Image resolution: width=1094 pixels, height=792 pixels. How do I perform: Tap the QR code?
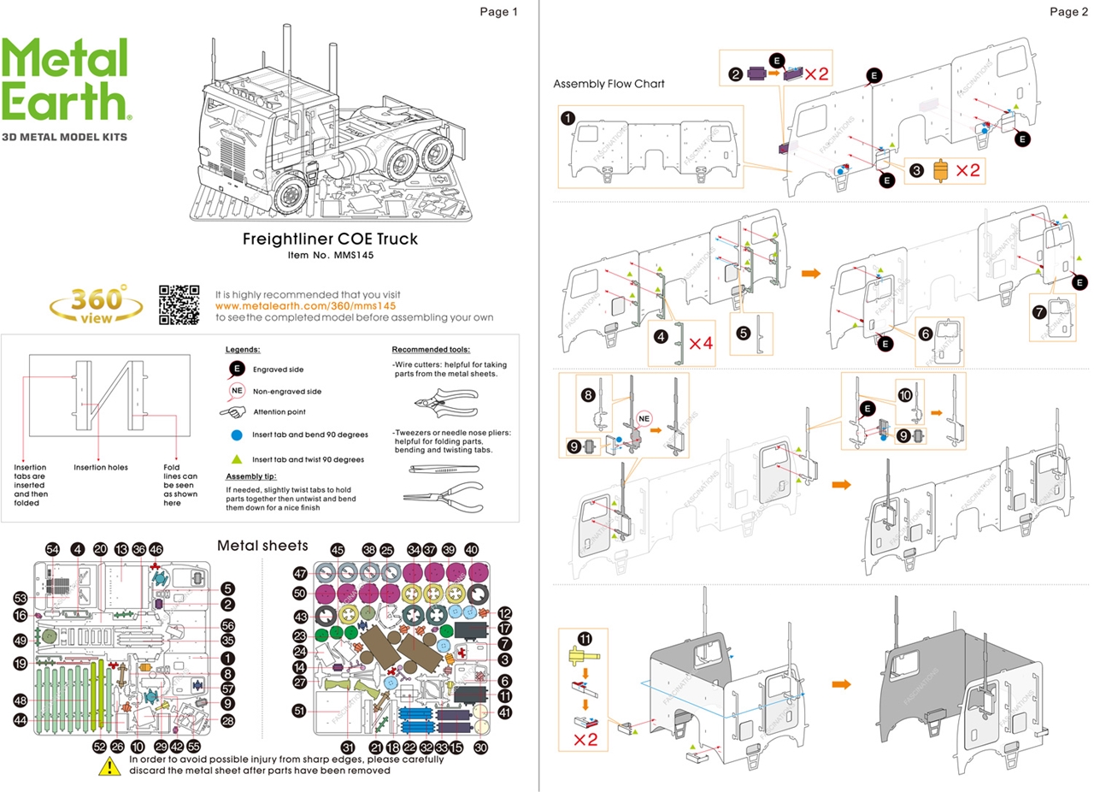coord(179,305)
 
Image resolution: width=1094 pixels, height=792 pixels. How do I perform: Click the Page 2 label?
coord(1068,11)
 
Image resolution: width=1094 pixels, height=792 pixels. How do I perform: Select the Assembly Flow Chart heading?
coord(608,84)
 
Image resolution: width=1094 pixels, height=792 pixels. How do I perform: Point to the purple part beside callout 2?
coord(756,74)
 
